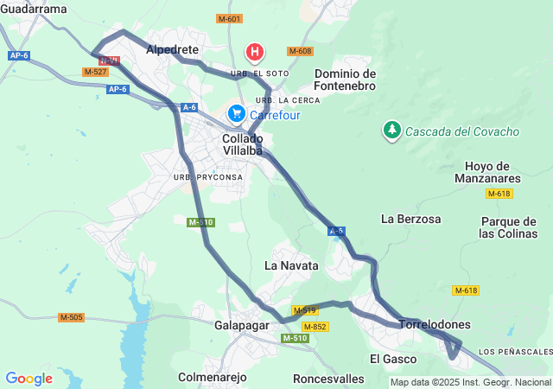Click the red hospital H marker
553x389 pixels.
click(x=255, y=53)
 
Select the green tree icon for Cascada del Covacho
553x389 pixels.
click(x=392, y=131)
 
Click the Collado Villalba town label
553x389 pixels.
click(x=243, y=144)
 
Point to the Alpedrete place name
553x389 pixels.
click(x=173, y=50)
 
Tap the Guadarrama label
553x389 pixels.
click(x=34, y=9)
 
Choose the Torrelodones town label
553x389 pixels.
click(x=435, y=324)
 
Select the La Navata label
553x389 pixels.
click(x=291, y=265)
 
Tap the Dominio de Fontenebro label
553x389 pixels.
click(x=345, y=80)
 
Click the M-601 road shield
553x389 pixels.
click(x=229, y=18)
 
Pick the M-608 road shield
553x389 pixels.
click(x=300, y=51)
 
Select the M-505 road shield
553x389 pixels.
click(x=72, y=317)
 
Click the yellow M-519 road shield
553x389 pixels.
click(x=304, y=309)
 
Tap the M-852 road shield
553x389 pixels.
click(x=315, y=326)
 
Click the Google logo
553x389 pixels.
click(x=29, y=379)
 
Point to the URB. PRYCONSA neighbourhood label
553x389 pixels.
click(x=208, y=177)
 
